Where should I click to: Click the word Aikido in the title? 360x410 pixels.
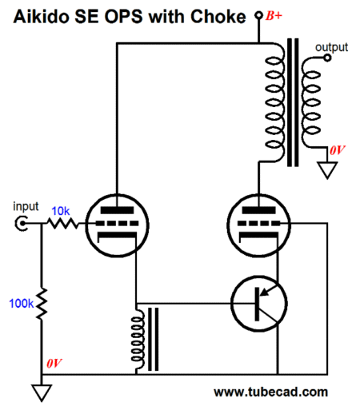click(42, 17)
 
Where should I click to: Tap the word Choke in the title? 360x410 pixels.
click(218, 17)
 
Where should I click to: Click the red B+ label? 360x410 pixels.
click(274, 16)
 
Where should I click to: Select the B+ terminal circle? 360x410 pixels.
click(258, 15)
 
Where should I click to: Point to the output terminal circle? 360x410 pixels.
click(327, 58)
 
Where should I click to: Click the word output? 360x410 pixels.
click(331, 47)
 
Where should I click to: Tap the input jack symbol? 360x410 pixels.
click(21, 223)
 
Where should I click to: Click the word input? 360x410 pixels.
click(26, 206)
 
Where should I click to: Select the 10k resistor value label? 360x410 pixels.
click(61, 211)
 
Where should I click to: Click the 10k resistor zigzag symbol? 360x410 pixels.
click(63, 223)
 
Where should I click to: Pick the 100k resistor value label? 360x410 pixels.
click(22, 303)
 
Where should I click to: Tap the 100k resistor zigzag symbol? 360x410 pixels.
click(42, 303)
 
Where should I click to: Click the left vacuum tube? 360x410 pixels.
click(117, 225)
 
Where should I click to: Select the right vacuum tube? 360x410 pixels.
click(258, 225)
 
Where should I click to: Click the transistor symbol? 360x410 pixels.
click(259, 304)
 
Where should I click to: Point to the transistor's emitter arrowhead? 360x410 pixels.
click(263, 293)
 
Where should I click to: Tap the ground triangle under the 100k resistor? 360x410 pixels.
click(42, 392)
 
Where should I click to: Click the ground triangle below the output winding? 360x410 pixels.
click(327, 170)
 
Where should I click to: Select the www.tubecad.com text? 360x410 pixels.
click(270, 392)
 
